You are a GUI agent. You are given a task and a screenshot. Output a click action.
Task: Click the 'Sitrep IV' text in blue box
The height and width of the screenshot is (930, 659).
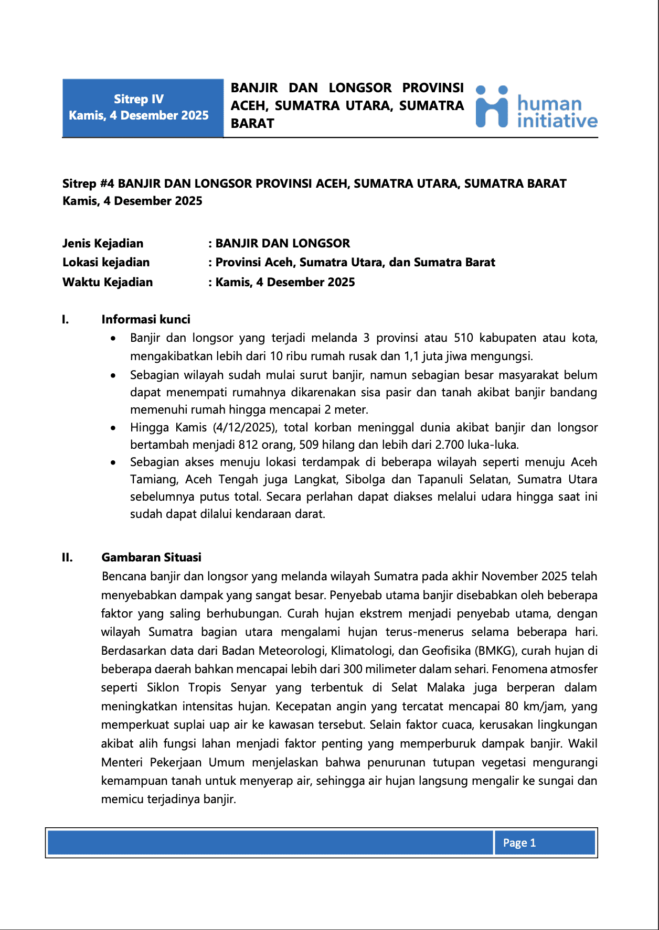(139, 99)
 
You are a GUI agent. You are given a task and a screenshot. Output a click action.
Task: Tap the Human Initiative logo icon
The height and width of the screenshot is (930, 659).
(492, 107)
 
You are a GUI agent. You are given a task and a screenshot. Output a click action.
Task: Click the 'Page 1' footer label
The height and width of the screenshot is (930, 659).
(519, 842)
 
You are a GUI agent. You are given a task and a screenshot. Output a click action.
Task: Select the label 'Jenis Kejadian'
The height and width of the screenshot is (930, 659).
(103, 243)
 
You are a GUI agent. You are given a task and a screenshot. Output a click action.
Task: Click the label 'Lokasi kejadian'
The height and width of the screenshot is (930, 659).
(106, 262)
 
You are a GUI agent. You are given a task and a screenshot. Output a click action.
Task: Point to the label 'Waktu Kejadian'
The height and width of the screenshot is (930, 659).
(108, 282)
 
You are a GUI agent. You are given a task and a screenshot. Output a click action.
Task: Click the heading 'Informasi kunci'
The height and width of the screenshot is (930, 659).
(146, 319)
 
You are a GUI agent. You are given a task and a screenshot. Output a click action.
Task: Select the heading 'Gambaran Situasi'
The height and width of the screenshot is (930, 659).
(151, 557)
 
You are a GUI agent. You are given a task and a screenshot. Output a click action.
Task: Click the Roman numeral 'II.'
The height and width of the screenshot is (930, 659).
(67, 557)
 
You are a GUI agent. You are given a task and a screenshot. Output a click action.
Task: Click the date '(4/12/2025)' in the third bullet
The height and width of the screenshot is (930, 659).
(245, 427)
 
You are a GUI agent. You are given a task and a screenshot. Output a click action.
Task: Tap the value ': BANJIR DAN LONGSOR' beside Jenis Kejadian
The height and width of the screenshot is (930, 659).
(279, 243)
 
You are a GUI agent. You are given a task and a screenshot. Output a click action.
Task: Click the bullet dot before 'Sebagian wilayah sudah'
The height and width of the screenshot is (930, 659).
(113, 375)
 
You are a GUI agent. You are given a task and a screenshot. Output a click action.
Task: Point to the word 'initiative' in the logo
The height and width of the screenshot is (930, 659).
(557, 121)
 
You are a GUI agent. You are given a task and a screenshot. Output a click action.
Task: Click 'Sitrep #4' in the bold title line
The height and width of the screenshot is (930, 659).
(88, 183)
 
